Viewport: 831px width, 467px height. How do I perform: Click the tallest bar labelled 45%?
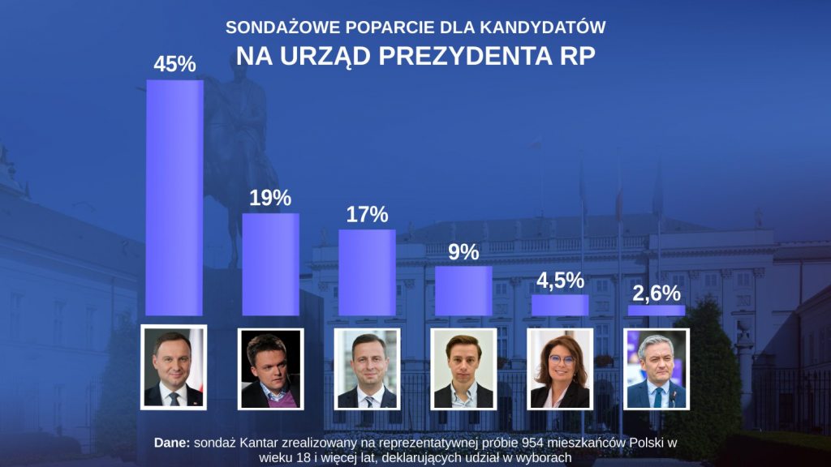[x=174, y=197]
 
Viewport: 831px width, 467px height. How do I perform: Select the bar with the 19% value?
[x=271, y=264]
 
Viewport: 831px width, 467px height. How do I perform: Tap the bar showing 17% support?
[x=367, y=272]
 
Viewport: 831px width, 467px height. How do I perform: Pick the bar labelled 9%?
[x=463, y=290]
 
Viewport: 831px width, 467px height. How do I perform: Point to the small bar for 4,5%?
[x=560, y=305]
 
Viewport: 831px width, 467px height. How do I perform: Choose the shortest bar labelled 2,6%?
[x=657, y=311]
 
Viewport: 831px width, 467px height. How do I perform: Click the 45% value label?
[x=174, y=64]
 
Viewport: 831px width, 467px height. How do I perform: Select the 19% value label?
[x=270, y=198]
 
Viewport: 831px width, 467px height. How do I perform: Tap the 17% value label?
[x=367, y=215]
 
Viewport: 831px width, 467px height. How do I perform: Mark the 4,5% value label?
[x=560, y=280]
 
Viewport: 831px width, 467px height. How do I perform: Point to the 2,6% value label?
[x=657, y=292]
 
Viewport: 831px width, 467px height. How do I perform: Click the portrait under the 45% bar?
[x=174, y=367]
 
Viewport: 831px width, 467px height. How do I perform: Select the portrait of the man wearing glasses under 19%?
[x=271, y=369]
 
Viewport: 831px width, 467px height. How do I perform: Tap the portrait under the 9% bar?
[x=463, y=369]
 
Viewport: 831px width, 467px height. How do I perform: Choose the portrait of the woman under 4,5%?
[x=560, y=369]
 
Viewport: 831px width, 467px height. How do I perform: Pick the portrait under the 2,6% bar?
[x=657, y=369]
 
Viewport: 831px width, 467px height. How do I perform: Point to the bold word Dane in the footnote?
[x=171, y=443]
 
